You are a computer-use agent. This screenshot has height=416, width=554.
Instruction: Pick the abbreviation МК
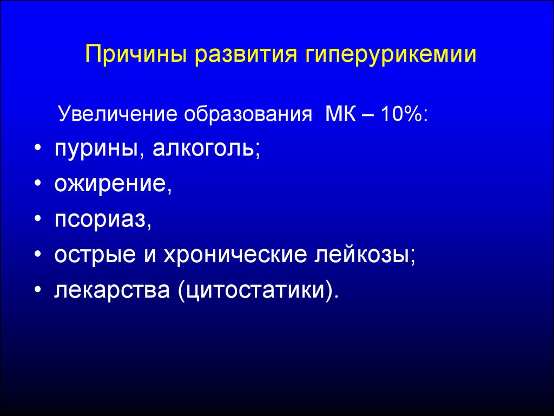click(x=341, y=114)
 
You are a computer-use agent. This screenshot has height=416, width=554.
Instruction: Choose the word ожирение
click(x=110, y=184)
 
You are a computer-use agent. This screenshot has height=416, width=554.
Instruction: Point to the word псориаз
click(x=101, y=220)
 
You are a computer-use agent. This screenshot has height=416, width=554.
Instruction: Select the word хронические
click(x=235, y=255)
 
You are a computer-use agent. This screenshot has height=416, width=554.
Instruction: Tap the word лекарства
click(x=112, y=291)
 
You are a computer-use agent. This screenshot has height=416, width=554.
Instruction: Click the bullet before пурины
click(x=38, y=148)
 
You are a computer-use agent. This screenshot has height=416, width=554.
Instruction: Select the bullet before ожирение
click(x=38, y=184)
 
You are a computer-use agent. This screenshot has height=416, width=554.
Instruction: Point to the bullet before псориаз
click(x=38, y=219)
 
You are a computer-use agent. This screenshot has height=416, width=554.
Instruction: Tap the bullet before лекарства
click(x=38, y=290)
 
